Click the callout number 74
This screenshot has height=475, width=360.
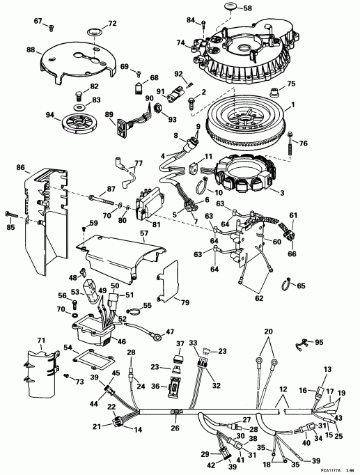point(180,43)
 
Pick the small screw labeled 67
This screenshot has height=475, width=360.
point(51,27)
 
